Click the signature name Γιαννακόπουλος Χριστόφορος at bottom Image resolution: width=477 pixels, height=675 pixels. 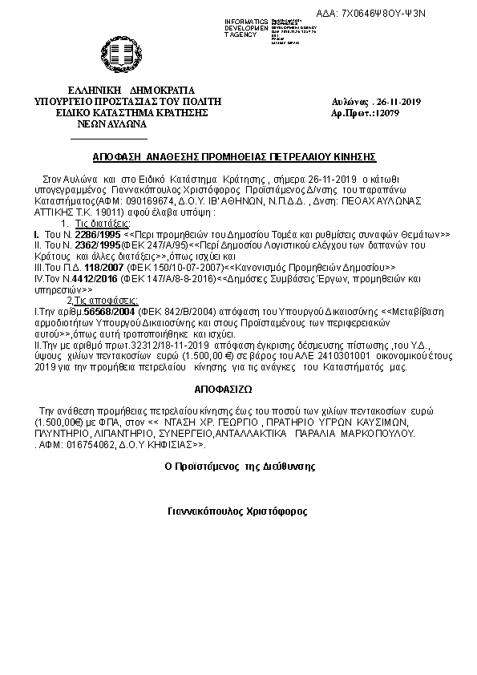pos(237,511)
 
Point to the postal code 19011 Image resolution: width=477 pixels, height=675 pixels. pos(106,214)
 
